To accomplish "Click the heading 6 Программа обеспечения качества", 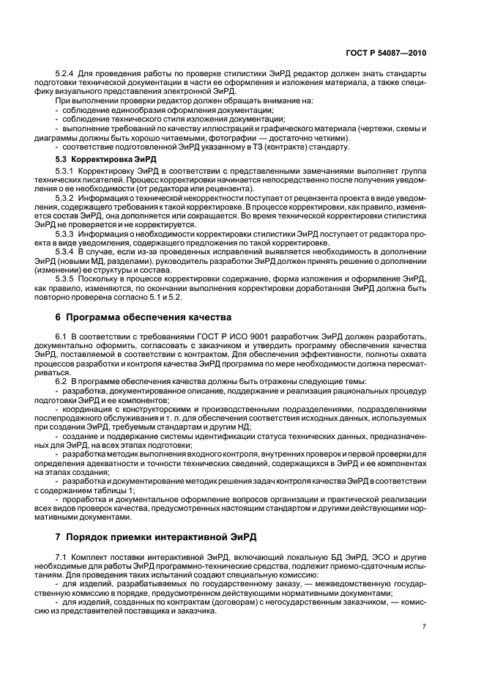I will [x=144, y=317].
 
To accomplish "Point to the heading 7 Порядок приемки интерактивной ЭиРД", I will [x=156, y=537].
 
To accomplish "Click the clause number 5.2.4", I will [x=67, y=73].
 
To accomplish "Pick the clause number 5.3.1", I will [x=67, y=170].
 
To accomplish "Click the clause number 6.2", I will [x=62, y=381].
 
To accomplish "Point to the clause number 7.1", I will [x=62, y=558].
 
